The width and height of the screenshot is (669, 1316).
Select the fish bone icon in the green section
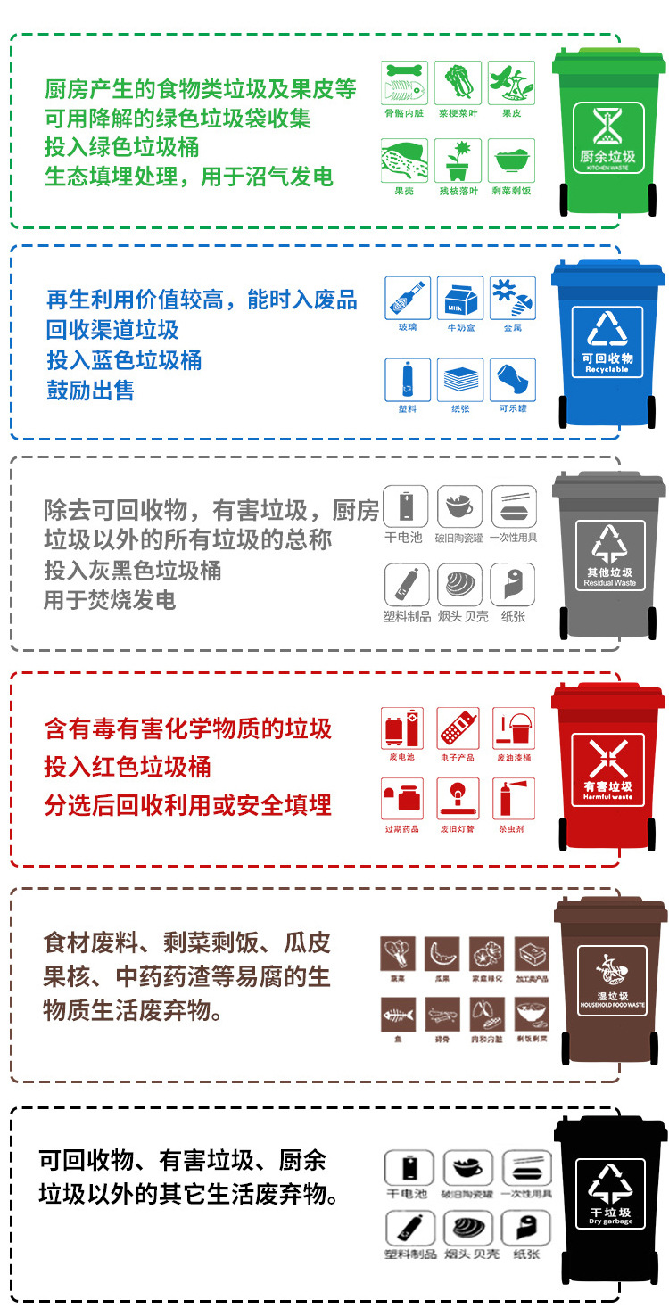[x=404, y=84]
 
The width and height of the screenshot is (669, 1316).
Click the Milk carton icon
[x=460, y=299]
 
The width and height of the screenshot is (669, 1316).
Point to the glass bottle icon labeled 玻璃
[x=408, y=299]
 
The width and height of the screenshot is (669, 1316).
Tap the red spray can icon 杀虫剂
[x=512, y=799]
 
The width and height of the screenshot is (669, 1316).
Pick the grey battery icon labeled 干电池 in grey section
[x=406, y=506]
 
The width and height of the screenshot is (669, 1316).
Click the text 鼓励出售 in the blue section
[x=90, y=391]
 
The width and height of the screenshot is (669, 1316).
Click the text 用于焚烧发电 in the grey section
[x=110, y=600]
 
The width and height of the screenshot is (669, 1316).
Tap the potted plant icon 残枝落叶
[x=458, y=161]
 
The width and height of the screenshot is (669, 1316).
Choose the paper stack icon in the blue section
[x=460, y=380]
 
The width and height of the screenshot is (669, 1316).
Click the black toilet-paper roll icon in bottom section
[x=520, y=1228]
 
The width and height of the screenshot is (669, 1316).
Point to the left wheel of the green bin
[x=564, y=200]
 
